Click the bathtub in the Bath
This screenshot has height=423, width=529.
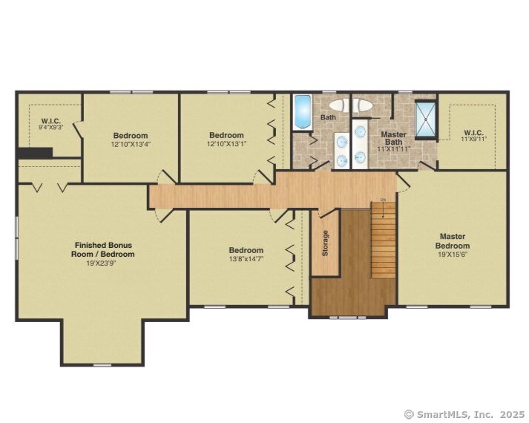(x=302, y=111)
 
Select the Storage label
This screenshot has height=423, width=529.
(x=325, y=243)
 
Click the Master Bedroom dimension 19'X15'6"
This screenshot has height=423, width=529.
(x=453, y=255)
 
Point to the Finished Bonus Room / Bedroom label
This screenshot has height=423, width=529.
(x=102, y=249)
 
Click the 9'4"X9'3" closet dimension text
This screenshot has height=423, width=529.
(x=51, y=127)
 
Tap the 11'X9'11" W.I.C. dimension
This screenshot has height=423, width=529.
(x=473, y=139)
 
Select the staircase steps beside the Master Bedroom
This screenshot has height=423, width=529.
(x=384, y=240)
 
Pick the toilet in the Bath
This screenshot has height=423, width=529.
(x=340, y=105)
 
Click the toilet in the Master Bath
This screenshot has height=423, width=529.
(x=363, y=105)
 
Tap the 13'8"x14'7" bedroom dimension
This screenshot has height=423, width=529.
(x=246, y=259)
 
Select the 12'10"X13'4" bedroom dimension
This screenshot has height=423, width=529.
(x=131, y=145)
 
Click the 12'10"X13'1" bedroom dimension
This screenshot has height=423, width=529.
(x=227, y=144)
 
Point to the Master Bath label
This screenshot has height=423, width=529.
(x=393, y=138)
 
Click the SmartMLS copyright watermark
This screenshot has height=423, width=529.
(x=465, y=414)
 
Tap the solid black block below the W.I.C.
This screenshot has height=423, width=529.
(x=35, y=152)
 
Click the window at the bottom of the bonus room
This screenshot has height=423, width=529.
(x=102, y=364)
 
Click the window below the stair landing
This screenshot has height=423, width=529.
(x=348, y=318)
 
